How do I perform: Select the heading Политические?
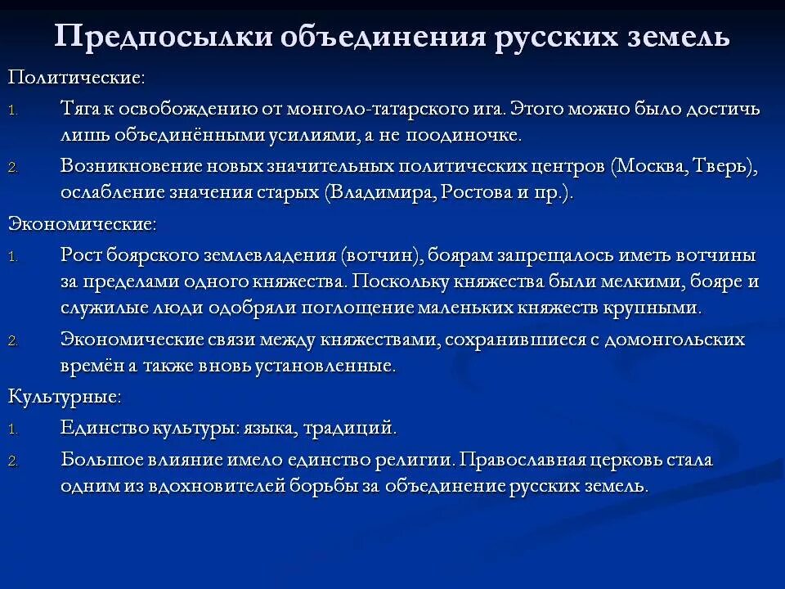click(77, 78)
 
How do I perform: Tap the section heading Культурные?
click(65, 397)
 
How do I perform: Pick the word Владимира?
click(377, 192)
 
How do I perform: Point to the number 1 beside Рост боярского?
click(12, 256)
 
